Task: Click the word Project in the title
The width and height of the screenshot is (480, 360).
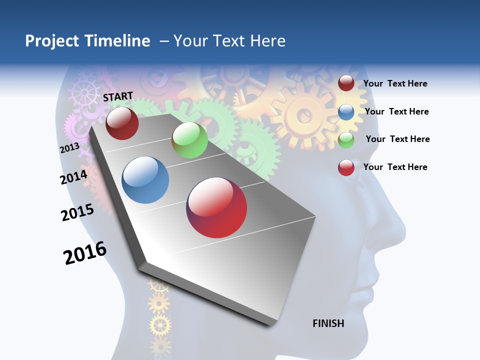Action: (x=51, y=41)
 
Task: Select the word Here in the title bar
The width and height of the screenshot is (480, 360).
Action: (x=267, y=41)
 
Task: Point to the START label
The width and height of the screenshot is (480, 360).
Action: (x=118, y=96)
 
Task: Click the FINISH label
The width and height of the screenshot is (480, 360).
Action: (x=328, y=323)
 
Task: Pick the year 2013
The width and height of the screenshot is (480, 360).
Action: (x=69, y=148)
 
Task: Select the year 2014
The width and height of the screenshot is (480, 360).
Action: (x=74, y=177)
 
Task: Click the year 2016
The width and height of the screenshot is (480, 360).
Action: (x=85, y=253)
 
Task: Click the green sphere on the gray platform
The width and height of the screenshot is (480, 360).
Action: (x=189, y=140)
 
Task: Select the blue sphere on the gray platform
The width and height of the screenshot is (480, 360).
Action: (x=145, y=180)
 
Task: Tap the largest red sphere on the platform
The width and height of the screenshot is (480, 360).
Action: (x=216, y=207)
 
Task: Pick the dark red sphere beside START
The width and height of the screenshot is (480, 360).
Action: (x=122, y=123)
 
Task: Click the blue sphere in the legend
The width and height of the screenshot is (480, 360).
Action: (x=346, y=112)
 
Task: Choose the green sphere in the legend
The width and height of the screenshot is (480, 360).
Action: (x=346, y=140)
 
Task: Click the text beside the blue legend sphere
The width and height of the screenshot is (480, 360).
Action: (x=396, y=111)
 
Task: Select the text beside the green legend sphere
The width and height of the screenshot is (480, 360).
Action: (x=397, y=139)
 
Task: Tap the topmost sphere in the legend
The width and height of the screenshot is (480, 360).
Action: (x=346, y=83)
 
